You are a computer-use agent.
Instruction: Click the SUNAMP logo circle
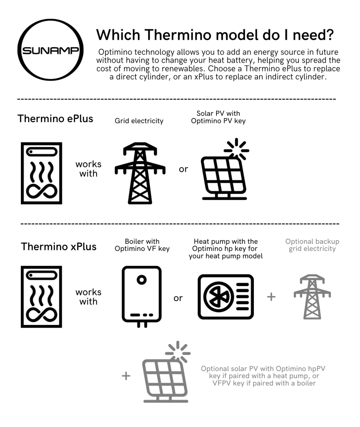pyautogui.click(x=50, y=21)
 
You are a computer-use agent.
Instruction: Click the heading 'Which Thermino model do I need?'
pyautogui.click(x=215, y=35)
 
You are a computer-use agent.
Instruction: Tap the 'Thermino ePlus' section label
pyautogui.click(x=55, y=119)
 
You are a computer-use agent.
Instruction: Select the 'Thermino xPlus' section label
pyautogui.click(x=59, y=246)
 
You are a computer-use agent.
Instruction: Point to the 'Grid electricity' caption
pyautogui.click(x=139, y=121)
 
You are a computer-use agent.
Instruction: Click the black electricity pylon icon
pyautogui.click(x=140, y=173)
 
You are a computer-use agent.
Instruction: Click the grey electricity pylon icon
pyautogui.click(x=312, y=297)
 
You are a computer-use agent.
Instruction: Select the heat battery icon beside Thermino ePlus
pyautogui.click(x=41, y=173)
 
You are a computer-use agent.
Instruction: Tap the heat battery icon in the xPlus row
pyautogui.click(x=41, y=297)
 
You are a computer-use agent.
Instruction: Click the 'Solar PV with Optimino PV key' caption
pyautogui.click(x=218, y=117)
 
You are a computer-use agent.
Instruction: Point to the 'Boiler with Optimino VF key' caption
pyautogui.click(x=142, y=245)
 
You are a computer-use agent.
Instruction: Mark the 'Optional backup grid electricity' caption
pyautogui.click(x=312, y=245)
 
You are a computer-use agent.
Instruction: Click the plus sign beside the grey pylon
pyautogui.click(x=271, y=297)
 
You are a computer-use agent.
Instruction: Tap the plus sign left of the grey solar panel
pyautogui.click(x=126, y=376)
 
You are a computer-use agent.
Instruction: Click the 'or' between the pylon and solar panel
pyautogui.click(x=183, y=169)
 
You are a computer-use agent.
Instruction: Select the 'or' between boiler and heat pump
pyautogui.click(x=178, y=298)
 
